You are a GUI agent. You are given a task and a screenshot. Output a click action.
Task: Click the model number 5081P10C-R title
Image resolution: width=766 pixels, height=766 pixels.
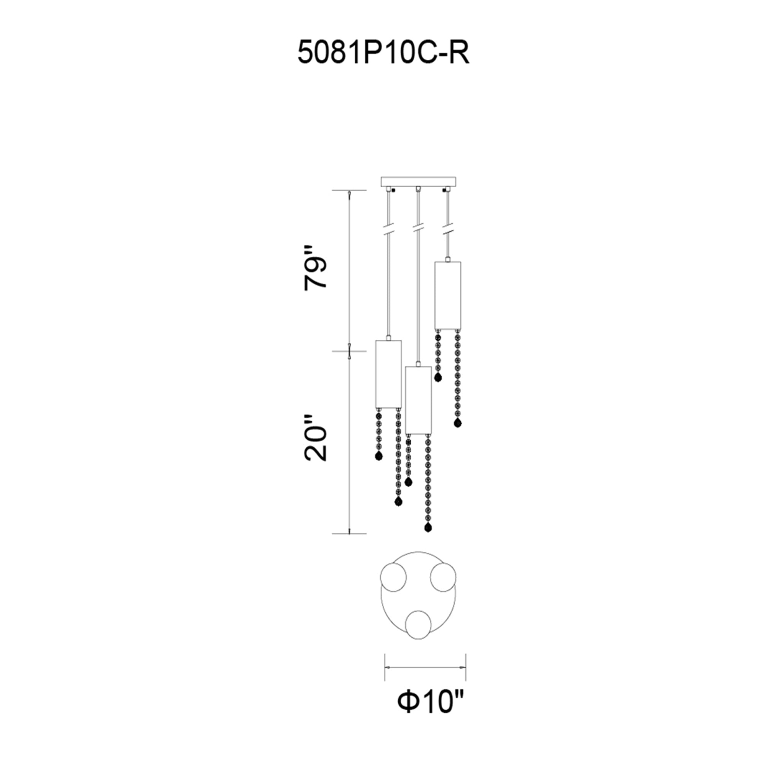383,54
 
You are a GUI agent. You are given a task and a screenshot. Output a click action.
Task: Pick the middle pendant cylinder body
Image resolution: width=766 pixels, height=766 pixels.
418,401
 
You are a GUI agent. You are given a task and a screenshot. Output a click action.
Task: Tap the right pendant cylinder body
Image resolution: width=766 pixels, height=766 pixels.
448,290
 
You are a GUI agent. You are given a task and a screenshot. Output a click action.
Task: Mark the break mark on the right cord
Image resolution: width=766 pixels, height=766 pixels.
448,229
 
